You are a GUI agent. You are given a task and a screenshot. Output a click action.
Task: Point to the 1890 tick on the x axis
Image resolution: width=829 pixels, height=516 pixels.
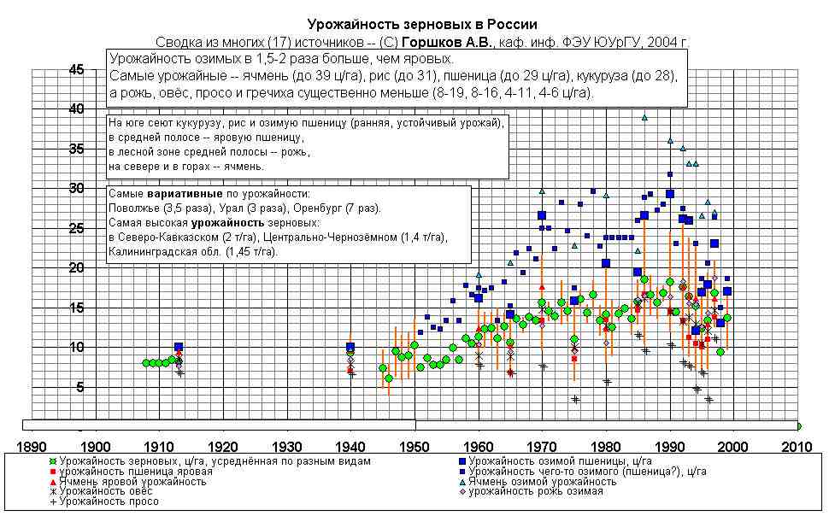[x=31, y=446]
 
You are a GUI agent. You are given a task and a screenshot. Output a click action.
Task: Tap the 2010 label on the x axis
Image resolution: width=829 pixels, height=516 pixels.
[x=798, y=446]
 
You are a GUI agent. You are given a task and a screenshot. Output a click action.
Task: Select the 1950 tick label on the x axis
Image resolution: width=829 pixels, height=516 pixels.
[x=414, y=446]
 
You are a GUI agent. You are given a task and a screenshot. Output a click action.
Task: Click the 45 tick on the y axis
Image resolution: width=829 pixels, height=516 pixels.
[x=77, y=70]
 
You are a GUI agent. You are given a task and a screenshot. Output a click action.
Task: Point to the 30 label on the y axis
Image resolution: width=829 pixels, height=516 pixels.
[x=77, y=189]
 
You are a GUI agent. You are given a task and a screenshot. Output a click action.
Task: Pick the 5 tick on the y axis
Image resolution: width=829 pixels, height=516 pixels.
[x=80, y=387]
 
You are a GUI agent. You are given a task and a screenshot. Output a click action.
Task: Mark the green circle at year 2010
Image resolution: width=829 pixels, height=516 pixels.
[x=798, y=425]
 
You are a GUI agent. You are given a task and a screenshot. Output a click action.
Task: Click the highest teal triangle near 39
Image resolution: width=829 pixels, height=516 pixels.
[x=644, y=118]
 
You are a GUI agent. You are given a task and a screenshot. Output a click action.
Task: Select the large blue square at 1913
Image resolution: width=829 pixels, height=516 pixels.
[x=179, y=348]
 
